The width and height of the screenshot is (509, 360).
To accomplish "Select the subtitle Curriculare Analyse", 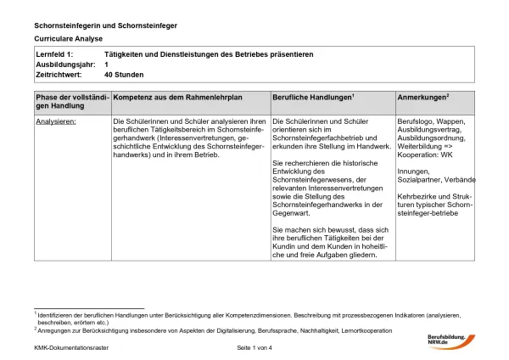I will pyautogui.click(x=68, y=39).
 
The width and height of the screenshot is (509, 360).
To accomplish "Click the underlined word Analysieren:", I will pyautogui.click(x=56, y=122).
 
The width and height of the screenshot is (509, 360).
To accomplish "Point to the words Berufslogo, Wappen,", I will pyautogui.click(x=431, y=122).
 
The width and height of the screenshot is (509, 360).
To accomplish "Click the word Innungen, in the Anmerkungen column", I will pyautogui.click(x=414, y=172).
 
